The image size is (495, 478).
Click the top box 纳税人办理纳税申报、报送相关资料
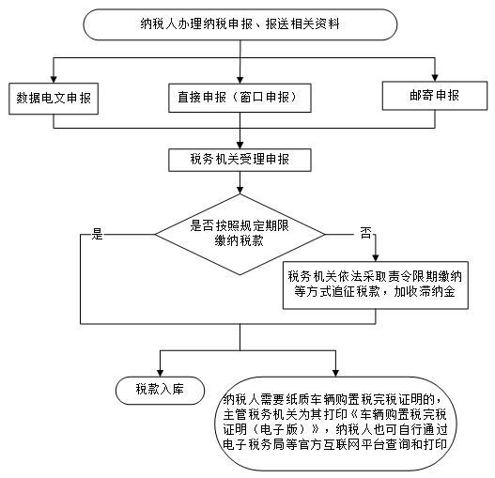coord(240,24)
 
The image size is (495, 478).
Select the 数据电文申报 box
coord(54,99)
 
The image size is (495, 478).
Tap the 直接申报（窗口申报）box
coord(240,98)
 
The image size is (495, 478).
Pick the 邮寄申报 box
coord(435,96)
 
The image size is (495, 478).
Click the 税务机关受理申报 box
coord(240,160)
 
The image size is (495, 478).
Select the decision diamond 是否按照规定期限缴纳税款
coord(240,234)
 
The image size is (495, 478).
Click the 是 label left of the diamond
coord(98,234)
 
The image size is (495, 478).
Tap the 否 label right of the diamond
coord(366,233)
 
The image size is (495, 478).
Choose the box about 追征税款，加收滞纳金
coord(376,285)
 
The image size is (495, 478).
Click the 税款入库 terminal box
coord(160,391)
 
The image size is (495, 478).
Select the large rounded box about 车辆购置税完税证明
coord(335,424)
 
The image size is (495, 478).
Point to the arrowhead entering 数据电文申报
coord(54,79)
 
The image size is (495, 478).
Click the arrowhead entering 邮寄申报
coord(435,78)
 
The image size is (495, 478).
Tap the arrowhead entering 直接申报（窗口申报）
coord(240,80)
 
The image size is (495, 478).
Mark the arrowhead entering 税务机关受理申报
coord(240,146)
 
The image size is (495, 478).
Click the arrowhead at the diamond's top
coord(240,190)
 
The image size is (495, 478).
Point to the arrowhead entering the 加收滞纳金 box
coord(376,257)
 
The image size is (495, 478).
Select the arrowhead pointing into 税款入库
coord(160,373)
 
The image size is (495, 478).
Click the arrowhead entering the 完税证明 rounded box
coord(335,373)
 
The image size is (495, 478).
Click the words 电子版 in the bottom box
coord(279,429)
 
